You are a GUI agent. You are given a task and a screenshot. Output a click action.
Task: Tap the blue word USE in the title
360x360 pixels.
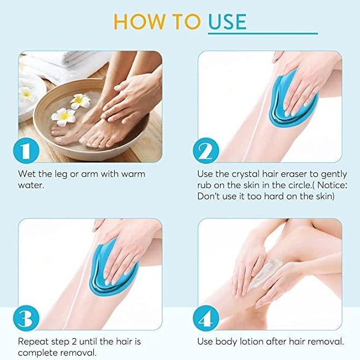click(227, 21)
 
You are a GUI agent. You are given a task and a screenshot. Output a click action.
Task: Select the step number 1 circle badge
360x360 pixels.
click(26, 150)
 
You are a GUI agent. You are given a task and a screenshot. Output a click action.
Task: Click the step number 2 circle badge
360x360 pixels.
click(206, 150)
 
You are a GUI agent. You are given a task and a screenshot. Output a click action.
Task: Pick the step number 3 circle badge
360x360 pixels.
click(26, 318)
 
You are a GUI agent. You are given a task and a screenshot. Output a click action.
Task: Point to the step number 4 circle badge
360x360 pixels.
click(206, 318)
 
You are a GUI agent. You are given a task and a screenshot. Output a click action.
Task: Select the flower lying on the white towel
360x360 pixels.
click(26, 93)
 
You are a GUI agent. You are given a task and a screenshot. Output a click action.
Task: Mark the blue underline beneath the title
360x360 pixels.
click(263, 33)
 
